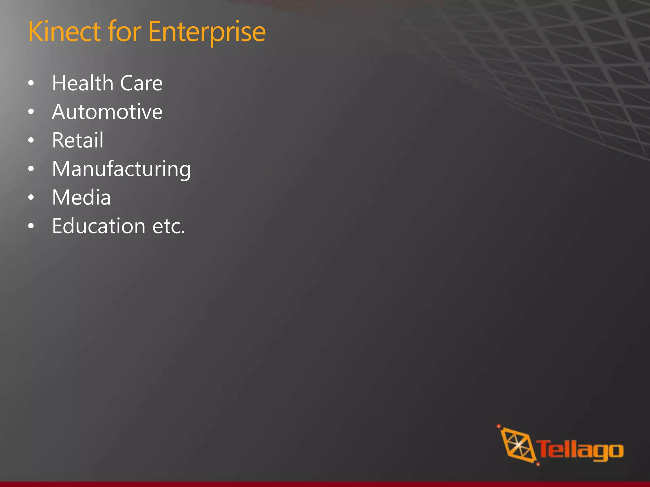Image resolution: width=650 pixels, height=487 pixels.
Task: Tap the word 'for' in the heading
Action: (124, 31)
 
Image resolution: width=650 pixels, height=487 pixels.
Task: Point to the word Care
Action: (141, 83)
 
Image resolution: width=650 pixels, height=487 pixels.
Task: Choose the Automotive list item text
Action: (107, 112)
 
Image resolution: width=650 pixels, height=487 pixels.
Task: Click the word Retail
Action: (78, 140)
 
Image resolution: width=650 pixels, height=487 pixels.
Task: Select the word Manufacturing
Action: (122, 169)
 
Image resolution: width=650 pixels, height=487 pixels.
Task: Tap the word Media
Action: (82, 197)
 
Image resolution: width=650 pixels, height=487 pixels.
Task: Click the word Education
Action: (99, 226)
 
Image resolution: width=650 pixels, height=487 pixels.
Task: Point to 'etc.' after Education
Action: (169, 226)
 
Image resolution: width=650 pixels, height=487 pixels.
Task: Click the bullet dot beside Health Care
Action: (31, 83)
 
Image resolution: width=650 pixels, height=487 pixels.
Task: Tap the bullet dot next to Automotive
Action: (31, 112)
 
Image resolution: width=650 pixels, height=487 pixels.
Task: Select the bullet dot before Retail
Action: (31, 140)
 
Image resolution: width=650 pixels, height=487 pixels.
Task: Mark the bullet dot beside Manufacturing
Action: (31, 169)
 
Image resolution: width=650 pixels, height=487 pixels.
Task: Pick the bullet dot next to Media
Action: (31, 197)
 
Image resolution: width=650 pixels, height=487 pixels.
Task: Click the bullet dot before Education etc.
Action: (31, 226)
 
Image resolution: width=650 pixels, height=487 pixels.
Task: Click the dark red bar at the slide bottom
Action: (325, 484)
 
